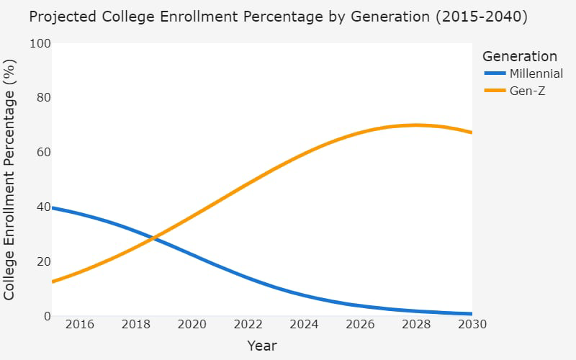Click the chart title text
278,17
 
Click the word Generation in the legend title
519,56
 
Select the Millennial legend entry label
536,74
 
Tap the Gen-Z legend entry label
528,91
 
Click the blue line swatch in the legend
495,74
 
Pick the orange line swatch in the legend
495,91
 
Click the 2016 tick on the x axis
79,325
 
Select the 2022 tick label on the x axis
248,325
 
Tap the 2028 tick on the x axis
416,325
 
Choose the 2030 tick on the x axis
472,325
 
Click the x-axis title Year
262,346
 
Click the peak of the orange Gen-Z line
415,125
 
